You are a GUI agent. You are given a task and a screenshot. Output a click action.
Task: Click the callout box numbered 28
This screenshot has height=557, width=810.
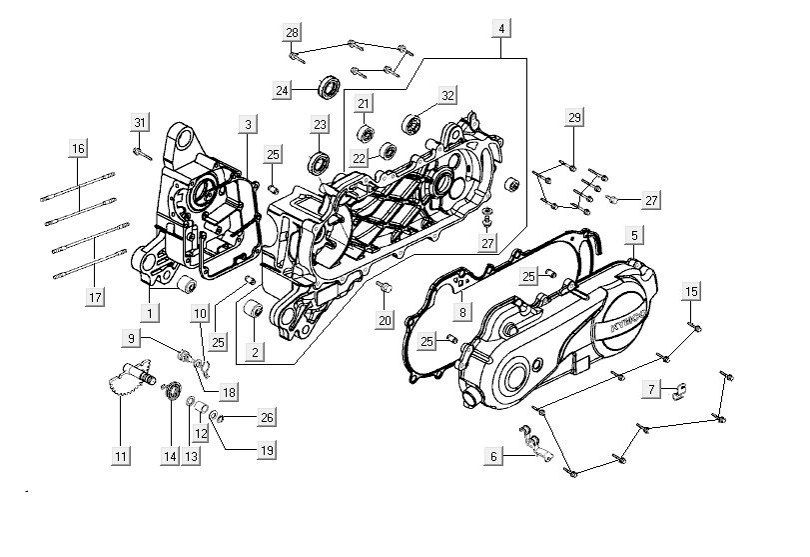[x=292, y=33]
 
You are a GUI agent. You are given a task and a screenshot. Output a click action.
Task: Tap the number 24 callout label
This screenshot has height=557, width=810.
[x=283, y=90]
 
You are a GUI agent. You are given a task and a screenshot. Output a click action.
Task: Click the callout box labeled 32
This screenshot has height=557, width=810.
[x=447, y=95]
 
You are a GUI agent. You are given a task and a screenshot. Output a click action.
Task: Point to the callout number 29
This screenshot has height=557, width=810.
[x=573, y=118]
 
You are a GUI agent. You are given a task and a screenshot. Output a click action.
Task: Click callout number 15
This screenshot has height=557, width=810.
[x=691, y=291]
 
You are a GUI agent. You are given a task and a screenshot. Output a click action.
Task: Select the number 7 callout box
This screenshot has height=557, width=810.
[x=650, y=387]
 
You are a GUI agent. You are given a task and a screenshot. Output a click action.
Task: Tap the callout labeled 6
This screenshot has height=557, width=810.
[x=492, y=456]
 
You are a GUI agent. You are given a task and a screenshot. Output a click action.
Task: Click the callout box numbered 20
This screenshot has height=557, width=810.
[x=386, y=319]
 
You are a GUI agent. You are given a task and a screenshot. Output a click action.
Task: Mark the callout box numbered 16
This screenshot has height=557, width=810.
[x=78, y=149]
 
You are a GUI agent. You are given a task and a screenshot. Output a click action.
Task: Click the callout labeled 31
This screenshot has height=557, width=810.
[x=139, y=122]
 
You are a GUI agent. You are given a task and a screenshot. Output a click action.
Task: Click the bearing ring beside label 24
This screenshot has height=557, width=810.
[x=327, y=87]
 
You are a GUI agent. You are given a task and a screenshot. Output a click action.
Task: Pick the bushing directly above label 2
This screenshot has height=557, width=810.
[x=254, y=314]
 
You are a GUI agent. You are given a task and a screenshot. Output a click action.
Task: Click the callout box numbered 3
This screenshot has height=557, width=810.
[x=246, y=124]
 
